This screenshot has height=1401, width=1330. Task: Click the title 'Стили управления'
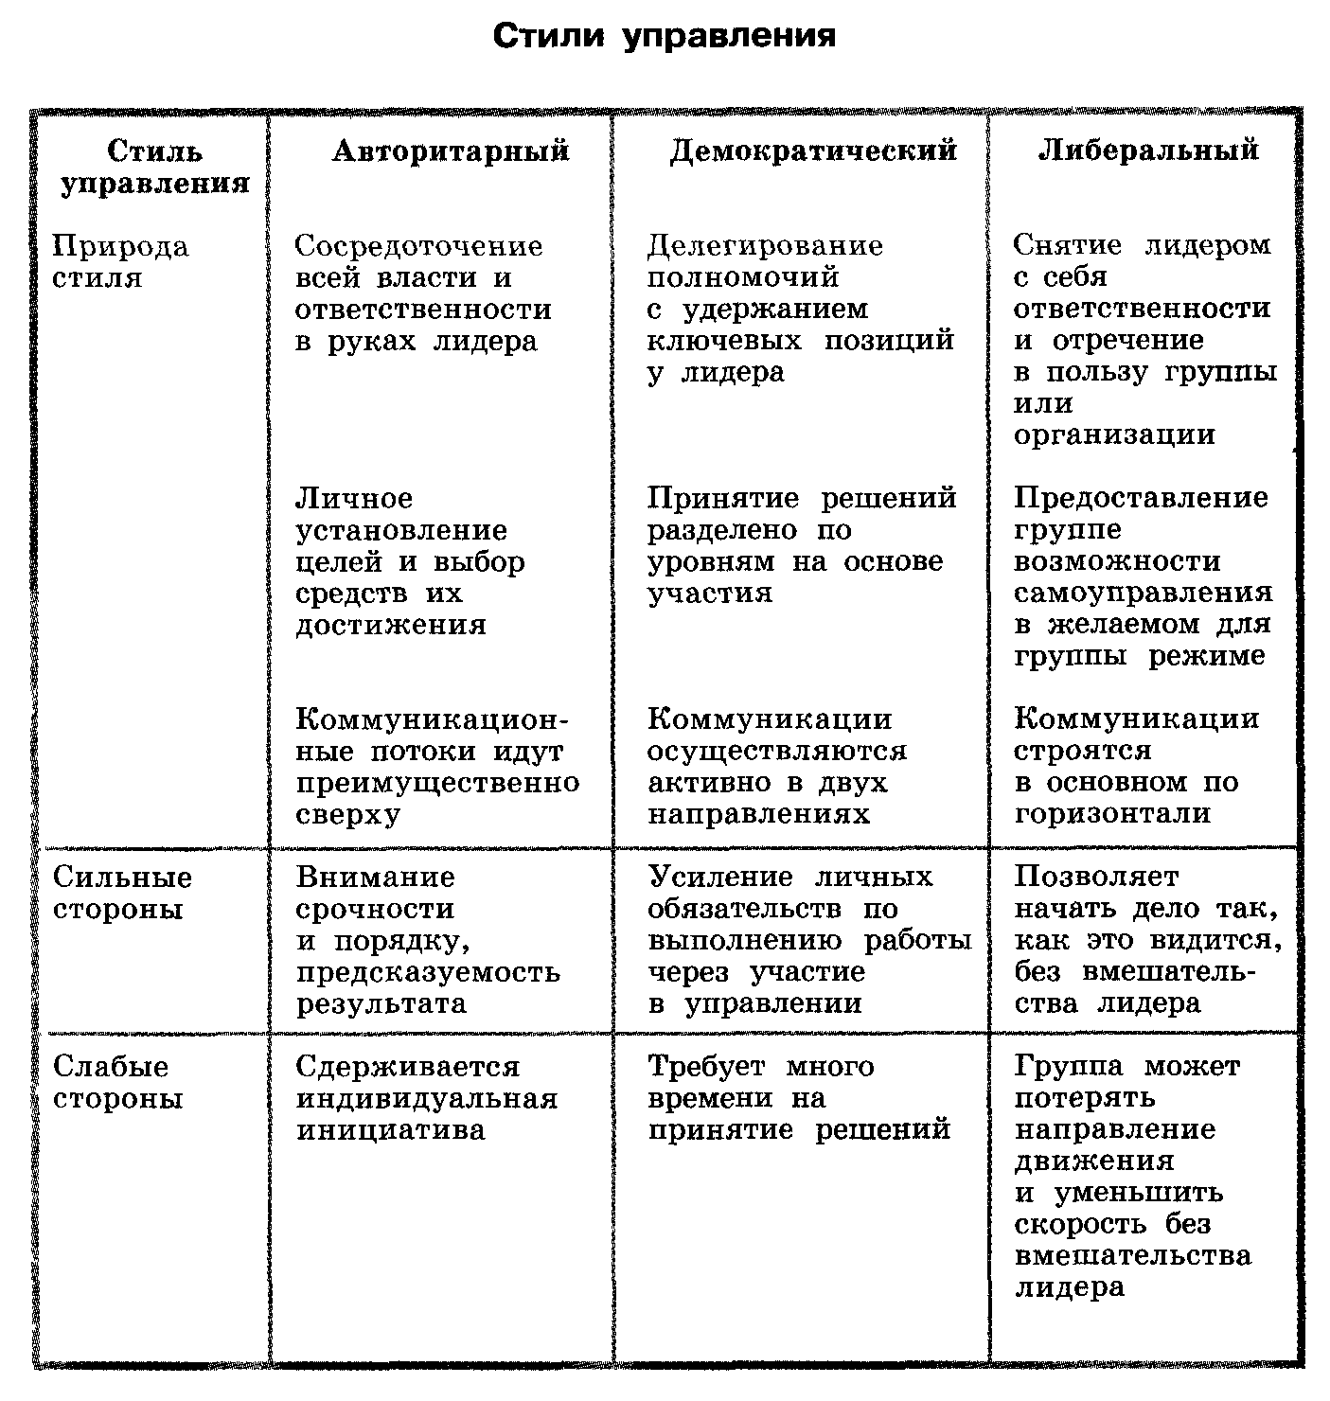665,37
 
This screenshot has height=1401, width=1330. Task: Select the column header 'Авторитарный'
451,151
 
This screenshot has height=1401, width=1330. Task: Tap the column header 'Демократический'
813,151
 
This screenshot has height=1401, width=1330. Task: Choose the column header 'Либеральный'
1148,151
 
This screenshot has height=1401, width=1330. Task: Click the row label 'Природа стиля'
120,262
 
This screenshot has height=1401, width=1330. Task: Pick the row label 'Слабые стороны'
117,1083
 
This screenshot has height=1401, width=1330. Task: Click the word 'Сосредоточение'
418,247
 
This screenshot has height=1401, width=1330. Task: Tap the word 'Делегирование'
765,247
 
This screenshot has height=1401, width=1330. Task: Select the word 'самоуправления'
1143,594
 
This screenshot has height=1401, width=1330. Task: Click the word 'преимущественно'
437,784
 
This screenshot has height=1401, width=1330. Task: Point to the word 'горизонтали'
1112,814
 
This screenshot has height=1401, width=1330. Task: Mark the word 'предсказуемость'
428,973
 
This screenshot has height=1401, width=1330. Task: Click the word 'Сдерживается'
408,1068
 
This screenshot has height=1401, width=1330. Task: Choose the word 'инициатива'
390,1130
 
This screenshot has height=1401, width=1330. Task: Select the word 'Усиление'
720,878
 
